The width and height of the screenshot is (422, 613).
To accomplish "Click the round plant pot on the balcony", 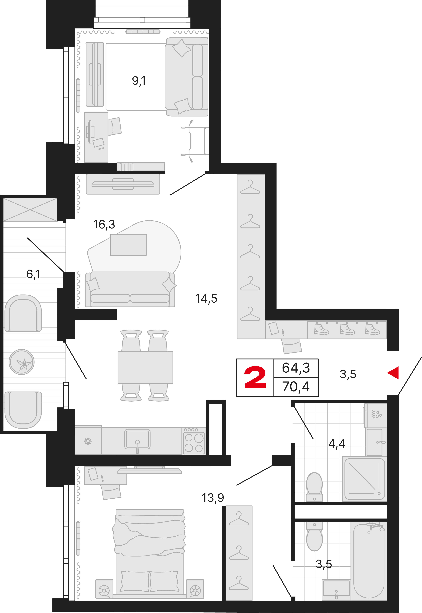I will pyautogui.click(x=21, y=362).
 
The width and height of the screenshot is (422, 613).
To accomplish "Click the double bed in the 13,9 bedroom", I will pyautogui.click(x=149, y=553).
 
